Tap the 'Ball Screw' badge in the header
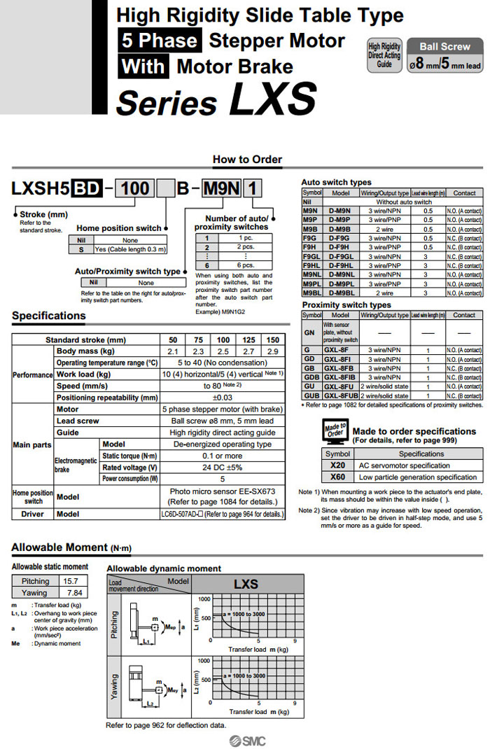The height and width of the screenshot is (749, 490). coord(445,46)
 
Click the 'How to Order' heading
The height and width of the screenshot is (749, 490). coord(247,159)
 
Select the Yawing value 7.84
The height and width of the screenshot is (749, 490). coord(73,593)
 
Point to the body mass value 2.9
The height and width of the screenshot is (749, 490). coord(272,351)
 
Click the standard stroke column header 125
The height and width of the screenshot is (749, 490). coord(248,339)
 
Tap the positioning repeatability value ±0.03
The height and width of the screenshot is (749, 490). coord(223,397)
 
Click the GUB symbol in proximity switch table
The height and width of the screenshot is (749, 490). coord(311,396)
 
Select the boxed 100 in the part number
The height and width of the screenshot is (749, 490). coord(136,189)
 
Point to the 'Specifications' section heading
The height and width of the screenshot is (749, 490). coord(49,316)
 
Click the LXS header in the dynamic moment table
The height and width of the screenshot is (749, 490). coord(246,584)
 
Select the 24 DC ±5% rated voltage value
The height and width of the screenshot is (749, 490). coord(223,468)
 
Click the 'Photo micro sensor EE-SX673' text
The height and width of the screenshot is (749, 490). coord(223,491)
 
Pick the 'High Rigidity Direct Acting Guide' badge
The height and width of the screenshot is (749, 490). coord(384,55)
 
